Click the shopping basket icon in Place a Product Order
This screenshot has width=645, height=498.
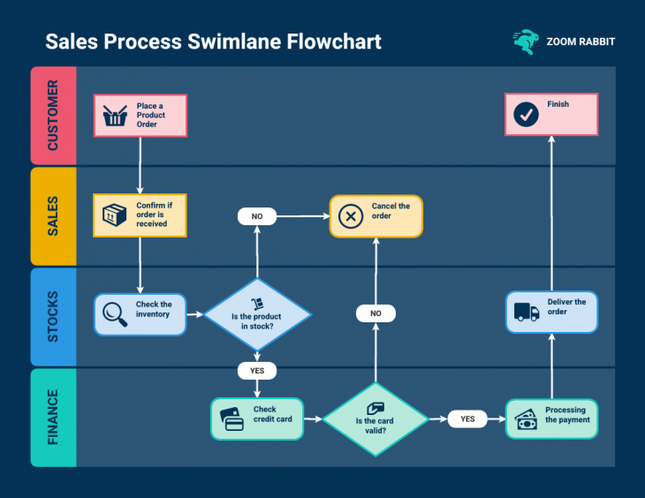(x=115, y=116)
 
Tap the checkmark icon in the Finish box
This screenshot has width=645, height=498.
(x=527, y=114)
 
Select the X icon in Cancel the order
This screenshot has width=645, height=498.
(x=351, y=216)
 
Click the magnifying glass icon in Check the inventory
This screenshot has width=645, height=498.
(x=115, y=314)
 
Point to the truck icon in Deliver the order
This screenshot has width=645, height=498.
(x=527, y=311)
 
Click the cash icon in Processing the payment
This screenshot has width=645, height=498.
(x=527, y=419)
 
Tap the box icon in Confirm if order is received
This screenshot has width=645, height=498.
(x=115, y=215)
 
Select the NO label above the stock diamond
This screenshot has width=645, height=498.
(x=257, y=215)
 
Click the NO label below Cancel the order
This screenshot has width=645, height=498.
(x=376, y=313)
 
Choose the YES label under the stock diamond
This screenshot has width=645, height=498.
(x=257, y=370)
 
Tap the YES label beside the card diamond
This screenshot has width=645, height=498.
(x=467, y=419)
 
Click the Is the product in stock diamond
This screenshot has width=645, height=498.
(x=257, y=314)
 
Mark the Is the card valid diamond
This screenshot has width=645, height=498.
(x=376, y=419)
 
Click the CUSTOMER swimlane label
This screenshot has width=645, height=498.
(x=53, y=116)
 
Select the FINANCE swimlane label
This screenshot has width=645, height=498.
(x=53, y=418)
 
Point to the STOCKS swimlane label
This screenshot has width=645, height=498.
(x=53, y=316)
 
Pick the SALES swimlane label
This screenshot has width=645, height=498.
(x=53, y=216)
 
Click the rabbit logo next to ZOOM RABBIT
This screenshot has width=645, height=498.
(x=525, y=41)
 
